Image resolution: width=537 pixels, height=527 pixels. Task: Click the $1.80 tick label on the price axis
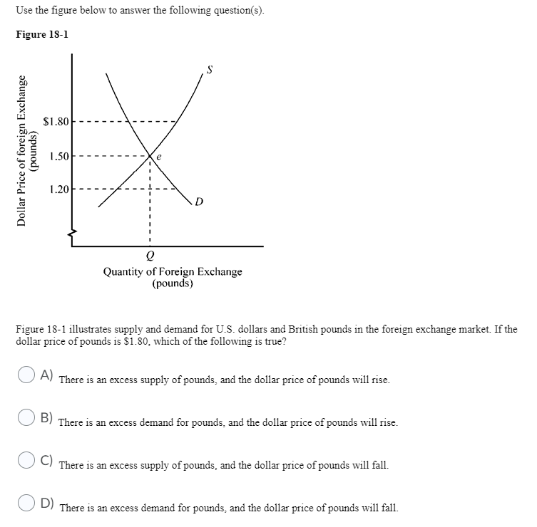pos(56,122)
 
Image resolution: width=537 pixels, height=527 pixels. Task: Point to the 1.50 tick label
pos(58,155)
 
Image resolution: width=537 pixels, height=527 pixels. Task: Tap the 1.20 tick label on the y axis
pos(58,189)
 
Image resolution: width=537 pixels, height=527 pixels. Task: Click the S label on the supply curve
pos(210,70)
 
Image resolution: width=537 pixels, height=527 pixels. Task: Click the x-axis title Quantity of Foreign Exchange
pos(173,271)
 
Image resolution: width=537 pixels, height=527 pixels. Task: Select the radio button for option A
pos(26,376)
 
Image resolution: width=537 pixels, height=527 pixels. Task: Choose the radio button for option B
pos(26,419)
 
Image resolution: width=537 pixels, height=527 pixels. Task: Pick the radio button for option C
pos(26,461)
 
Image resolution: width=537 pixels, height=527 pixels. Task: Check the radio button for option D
pos(26,504)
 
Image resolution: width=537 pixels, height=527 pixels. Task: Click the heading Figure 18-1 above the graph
pos(42,35)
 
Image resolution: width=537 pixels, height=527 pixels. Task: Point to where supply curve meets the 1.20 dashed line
pos(121,189)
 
